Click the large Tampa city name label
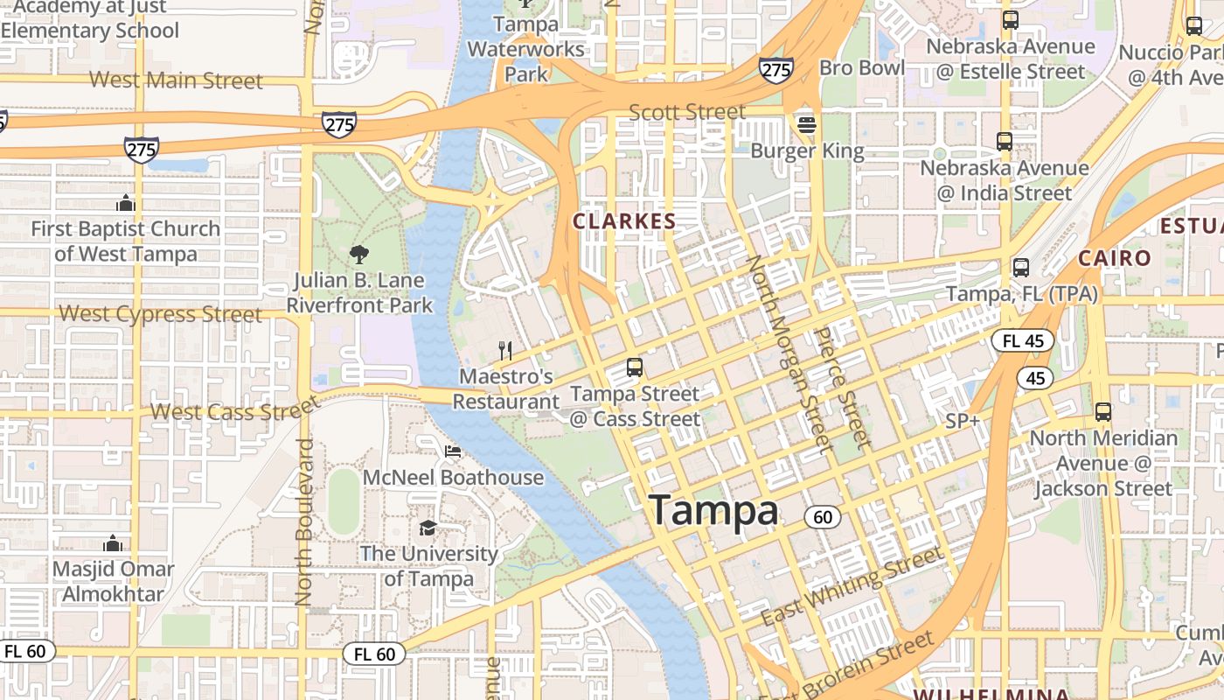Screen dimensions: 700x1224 713,510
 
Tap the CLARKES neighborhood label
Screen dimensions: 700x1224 624,221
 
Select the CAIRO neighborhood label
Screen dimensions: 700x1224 1115,258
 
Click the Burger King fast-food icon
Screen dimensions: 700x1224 806,125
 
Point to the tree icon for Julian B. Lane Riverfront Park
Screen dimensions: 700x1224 358,255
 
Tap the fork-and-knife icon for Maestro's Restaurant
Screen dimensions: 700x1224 505,351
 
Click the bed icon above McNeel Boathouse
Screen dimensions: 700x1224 453,451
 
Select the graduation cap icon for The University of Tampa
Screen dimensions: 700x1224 428,528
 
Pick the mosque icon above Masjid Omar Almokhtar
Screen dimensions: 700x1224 113,543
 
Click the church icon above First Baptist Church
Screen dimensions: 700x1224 125,203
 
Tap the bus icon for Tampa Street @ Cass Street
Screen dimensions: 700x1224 635,367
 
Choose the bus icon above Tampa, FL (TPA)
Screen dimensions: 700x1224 1021,268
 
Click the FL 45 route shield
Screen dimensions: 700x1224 1022,340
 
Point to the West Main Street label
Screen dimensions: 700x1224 176,80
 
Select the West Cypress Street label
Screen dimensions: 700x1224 160,313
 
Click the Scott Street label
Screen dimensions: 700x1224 687,112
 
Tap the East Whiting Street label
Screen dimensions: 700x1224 852,586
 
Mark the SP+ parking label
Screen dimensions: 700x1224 963,421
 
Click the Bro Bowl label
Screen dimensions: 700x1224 862,67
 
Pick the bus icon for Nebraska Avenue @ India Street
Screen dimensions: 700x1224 1005,141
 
